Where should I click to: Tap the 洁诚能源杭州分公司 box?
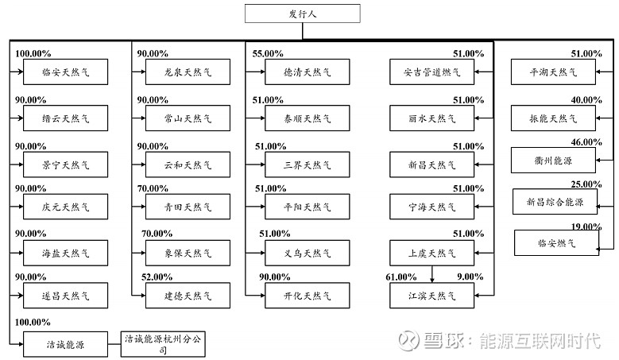pyautogui.click(x=163, y=343)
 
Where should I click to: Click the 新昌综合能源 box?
pyautogui.click(x=555, y=202)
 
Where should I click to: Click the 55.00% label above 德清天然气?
pyautogui.click(x=268, y=54)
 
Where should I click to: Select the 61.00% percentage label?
pyautogui.click(x=400, y=277)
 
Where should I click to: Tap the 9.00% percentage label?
pyautogui.click(x=470, y=277)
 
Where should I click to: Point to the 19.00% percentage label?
pyautogui.click(x=587, y=226)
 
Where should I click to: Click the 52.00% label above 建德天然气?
pyautogui.click(x=157, y=277)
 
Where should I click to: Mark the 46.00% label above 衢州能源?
pyautogui.click(x=587, y=141)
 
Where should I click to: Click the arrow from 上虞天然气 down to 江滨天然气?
pyautogui.click(x=432, y=274)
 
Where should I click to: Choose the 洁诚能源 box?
pyautogui.click(x=66, y=343)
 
